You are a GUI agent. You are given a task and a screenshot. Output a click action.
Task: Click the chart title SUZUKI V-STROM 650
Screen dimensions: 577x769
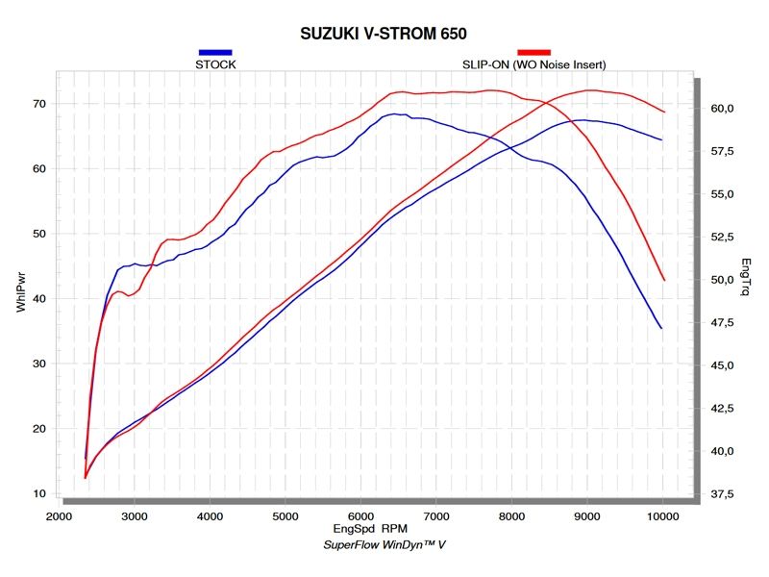(x=384, y=34)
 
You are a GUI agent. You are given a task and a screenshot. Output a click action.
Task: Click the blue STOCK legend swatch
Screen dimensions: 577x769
(x=215, y=52)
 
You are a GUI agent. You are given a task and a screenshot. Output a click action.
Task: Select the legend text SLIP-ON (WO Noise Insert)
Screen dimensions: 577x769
(x=533, y=64)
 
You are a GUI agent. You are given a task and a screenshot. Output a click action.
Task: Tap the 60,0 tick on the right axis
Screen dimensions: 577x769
(x=722, y=109)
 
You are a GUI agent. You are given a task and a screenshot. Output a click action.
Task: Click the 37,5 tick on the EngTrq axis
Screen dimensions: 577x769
(x=722, y=494)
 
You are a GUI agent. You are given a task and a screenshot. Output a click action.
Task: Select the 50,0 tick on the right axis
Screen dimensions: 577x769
(x=722, y=280)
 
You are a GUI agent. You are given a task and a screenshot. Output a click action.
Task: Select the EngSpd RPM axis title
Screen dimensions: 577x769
(x=369, y=530)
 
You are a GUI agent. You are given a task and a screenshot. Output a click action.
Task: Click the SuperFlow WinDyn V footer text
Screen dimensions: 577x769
(x=384, y=544)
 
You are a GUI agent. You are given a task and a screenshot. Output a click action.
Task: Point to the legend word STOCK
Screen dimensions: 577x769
(x=215, y=64)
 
